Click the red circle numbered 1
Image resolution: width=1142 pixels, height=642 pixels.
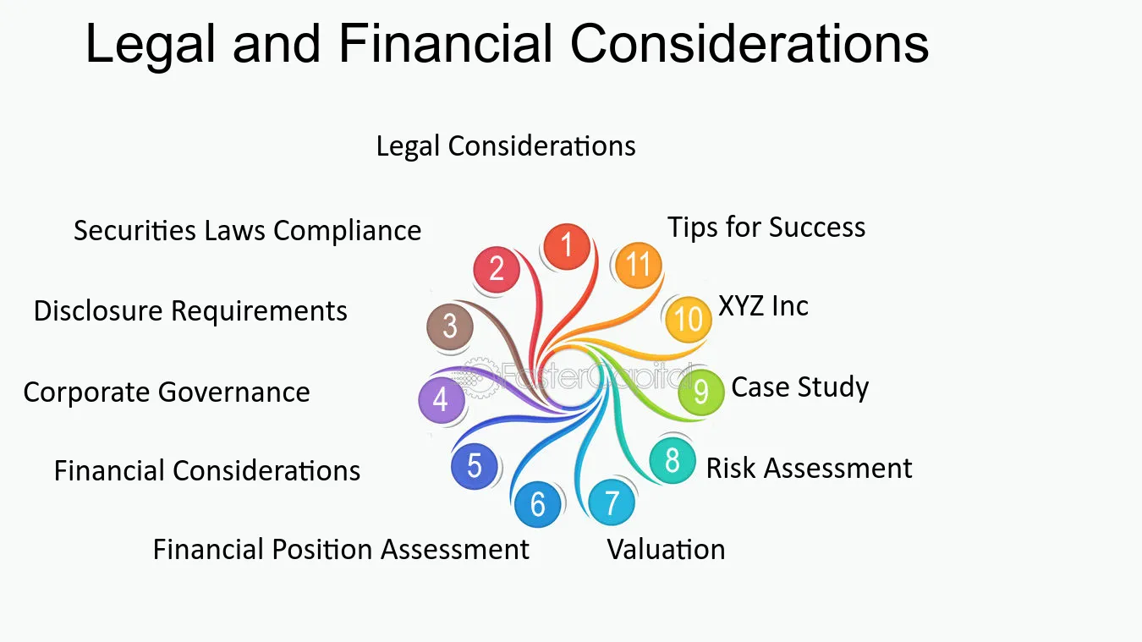pyautogui.click(x=567, y=247)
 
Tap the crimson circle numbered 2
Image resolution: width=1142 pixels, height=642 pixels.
pyautogui.click(x=497, y=269)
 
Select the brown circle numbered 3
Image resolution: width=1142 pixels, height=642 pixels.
pyautogui.click(x=450, y=326)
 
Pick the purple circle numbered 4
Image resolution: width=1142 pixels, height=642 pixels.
pyautogui.click(x=442, y=400)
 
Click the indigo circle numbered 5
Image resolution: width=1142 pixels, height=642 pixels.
pyautogui.click(x=474, y=466)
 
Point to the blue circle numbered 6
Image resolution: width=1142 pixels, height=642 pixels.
pyautogui.click(x=537, y=504)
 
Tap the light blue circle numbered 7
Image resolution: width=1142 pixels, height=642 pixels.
pyautogui.click(x=612, y=502)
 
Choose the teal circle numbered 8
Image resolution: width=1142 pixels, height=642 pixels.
pyautogui.click(x=673, y=460)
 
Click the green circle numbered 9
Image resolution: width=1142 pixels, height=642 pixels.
pyautogui.click(x=701, y=392)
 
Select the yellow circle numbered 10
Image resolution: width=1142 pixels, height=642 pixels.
pyautogui.click(x=689, y=320)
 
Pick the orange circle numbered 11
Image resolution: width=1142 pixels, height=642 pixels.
pyautogui.click(x=639, y=265)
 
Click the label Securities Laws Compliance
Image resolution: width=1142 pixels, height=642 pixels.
pyautogui.click(x=248, y=230)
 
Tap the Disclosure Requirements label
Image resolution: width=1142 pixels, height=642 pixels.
pyautogui.click(x=190, y=311)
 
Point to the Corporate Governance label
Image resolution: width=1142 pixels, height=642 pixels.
pyautogui.click(x=167, y=392)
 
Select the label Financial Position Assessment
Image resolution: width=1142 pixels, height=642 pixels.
pyautogui.click(x=341, y=549)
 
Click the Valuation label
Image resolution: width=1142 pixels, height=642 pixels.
pyautogui.click(x=666, y=549)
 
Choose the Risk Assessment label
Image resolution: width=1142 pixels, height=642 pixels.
pyautogui.click(x=809, y=468)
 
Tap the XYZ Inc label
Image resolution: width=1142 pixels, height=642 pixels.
pyautogui.click(x=763, y=306)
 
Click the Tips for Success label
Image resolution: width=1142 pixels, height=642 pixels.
pyautogui.click(x=766, y=227)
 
